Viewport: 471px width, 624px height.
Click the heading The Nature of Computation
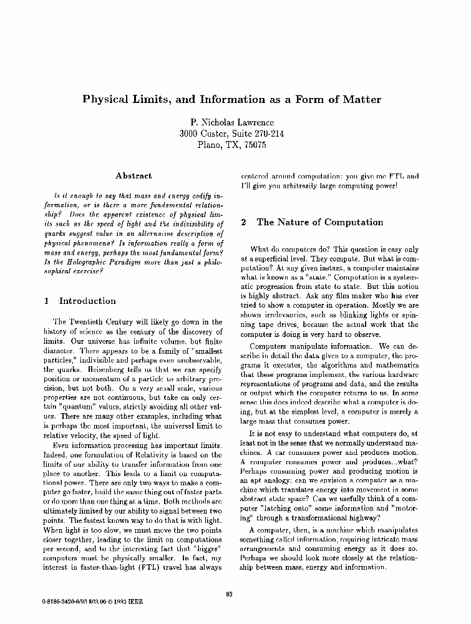click(x=319, y=222)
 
